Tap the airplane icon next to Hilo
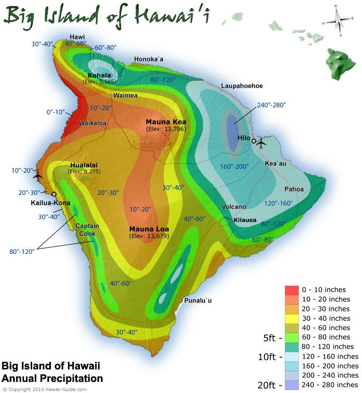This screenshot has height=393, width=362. tap(261, 143)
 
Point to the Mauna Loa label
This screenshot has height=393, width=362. tap(149, 229)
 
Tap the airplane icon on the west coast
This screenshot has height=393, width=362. tap(38, 176)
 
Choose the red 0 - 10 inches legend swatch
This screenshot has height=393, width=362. tap(292, 290)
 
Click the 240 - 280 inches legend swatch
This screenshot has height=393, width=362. tap(292, 385)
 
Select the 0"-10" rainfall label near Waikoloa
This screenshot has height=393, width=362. tap(57, 112)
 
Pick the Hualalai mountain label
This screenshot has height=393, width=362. tap(83, 164)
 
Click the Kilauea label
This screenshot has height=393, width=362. tap(245, 220)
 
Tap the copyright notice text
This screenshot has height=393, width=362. tap(43, 389)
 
